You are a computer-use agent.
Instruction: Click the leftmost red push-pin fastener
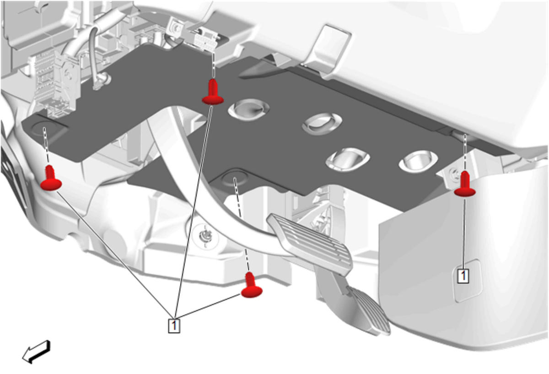pos(50,178)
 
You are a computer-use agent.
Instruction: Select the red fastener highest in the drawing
pos(212,92)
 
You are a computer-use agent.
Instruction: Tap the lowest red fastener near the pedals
pos(252,286)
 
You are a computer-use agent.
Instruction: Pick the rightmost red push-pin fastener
pos(465,184)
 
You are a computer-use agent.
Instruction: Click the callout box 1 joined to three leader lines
pos(174,325)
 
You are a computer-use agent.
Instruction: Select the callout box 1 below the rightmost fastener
pos(463,276)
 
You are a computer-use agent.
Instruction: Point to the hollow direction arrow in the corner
pos(36,352)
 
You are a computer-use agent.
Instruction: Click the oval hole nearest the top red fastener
pos(248,110)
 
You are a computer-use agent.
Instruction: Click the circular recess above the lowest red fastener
pos(234,179)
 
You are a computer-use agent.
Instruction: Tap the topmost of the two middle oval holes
pos(322,124)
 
